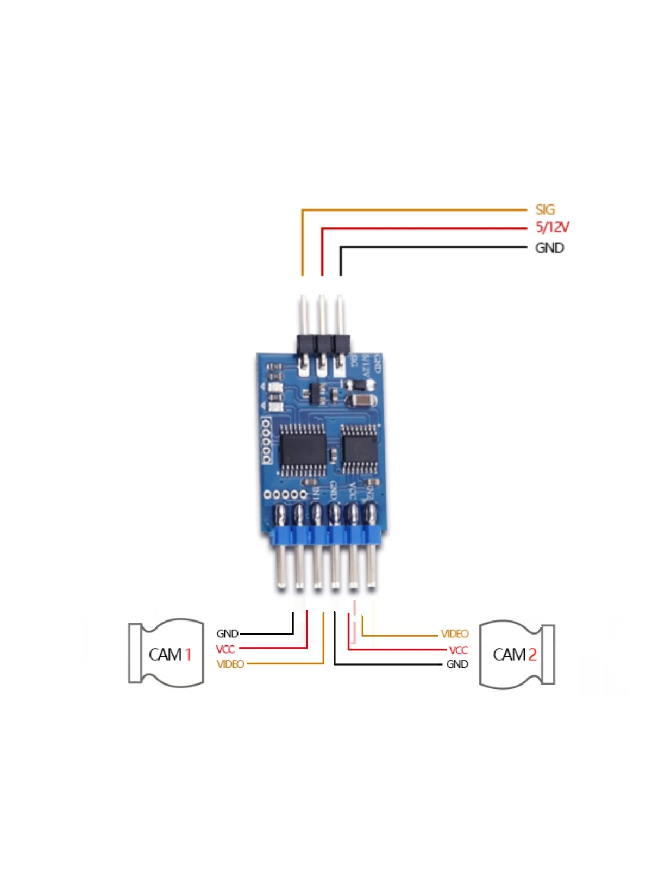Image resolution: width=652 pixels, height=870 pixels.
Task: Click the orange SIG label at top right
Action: (545, 209)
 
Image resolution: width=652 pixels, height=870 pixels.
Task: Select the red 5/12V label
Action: (553, 227)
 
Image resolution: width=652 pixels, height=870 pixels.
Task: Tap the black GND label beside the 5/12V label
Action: (549, 248)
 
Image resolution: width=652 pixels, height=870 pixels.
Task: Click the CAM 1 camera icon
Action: (166, 653)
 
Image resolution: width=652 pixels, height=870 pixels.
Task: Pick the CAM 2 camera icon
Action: (517, 654)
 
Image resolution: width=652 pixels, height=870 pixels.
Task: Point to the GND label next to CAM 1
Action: (227, 633)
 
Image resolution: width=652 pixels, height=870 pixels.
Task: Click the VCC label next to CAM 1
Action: (225, 649)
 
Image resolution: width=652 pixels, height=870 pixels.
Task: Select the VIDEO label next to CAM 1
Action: (230, 664)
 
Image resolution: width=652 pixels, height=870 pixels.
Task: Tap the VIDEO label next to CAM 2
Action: (454, 633)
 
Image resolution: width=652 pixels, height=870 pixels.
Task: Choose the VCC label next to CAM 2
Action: (458, 650)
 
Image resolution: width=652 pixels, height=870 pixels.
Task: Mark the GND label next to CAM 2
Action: (457, 664)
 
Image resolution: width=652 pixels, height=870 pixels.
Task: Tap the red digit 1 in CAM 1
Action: (188, 654)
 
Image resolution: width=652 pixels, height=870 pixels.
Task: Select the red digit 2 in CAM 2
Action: (532, 654)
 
